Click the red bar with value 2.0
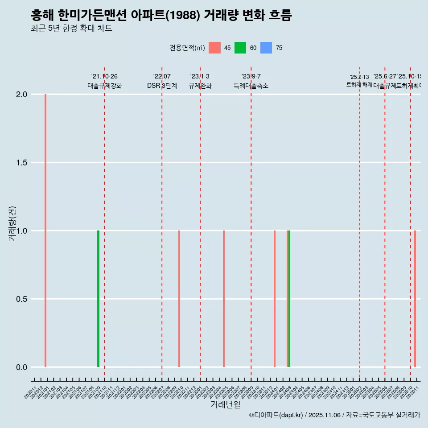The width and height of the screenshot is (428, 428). click(x=45, y=230)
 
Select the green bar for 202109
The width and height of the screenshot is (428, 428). click(x=98, y=299)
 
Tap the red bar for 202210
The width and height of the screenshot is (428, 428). click(x=179, y=299)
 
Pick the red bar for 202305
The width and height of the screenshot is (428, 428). click(x=224, y=299)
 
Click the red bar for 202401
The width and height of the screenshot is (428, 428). click(x=275, y=299)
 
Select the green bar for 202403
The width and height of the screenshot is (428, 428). click(x=289, y=299)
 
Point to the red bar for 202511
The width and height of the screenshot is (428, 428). click(x=415, y=299)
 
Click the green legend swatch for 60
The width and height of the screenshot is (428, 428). click(x=240, y=48)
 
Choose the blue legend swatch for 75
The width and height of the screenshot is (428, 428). click(x=266, y=48)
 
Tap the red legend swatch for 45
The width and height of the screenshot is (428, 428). click(x=214, y=48)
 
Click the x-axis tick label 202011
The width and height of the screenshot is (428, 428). click(x=31, y=394)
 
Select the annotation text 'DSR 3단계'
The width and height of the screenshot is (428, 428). click(x=162, y=86)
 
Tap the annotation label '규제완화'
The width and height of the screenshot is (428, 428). click(x=200, y=86)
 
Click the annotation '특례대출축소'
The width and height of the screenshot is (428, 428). click(x=251, y=86)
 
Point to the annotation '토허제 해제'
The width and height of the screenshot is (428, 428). click(x=359, y=85)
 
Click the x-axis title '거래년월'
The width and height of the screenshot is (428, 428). click(x=225, y=405)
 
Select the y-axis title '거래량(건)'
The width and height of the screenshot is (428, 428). click(x=12, y=224)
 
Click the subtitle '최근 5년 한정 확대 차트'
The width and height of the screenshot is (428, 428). click(x=71, y=29)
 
